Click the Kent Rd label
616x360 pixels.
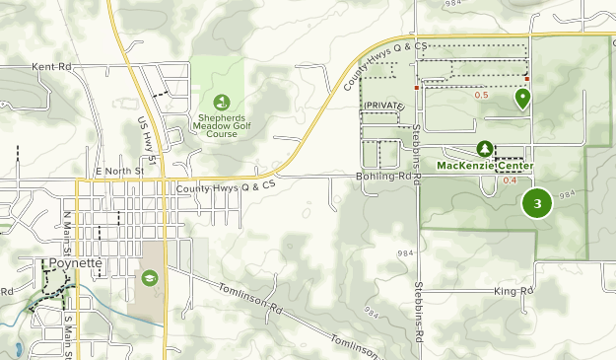click(x=53, y=67)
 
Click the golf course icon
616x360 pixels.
click(x=222, y=101)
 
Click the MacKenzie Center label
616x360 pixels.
click(x=484, y=165)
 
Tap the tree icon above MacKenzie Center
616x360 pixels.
click(x=485, y=148)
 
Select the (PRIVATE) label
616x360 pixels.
click(x=385, y=105)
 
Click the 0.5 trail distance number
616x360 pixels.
click(x=482, y=96)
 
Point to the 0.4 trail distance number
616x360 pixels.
click(x=510, y=180)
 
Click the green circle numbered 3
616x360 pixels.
click(x=537, y=204)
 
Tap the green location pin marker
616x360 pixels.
click(x=522, y=98)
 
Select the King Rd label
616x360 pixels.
click(x=513, y=291)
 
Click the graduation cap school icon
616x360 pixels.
click(x=149, y=279)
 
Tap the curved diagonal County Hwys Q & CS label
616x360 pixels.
click(x=385, y=67)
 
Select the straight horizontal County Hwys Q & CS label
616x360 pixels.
click(x=226, y=185)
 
